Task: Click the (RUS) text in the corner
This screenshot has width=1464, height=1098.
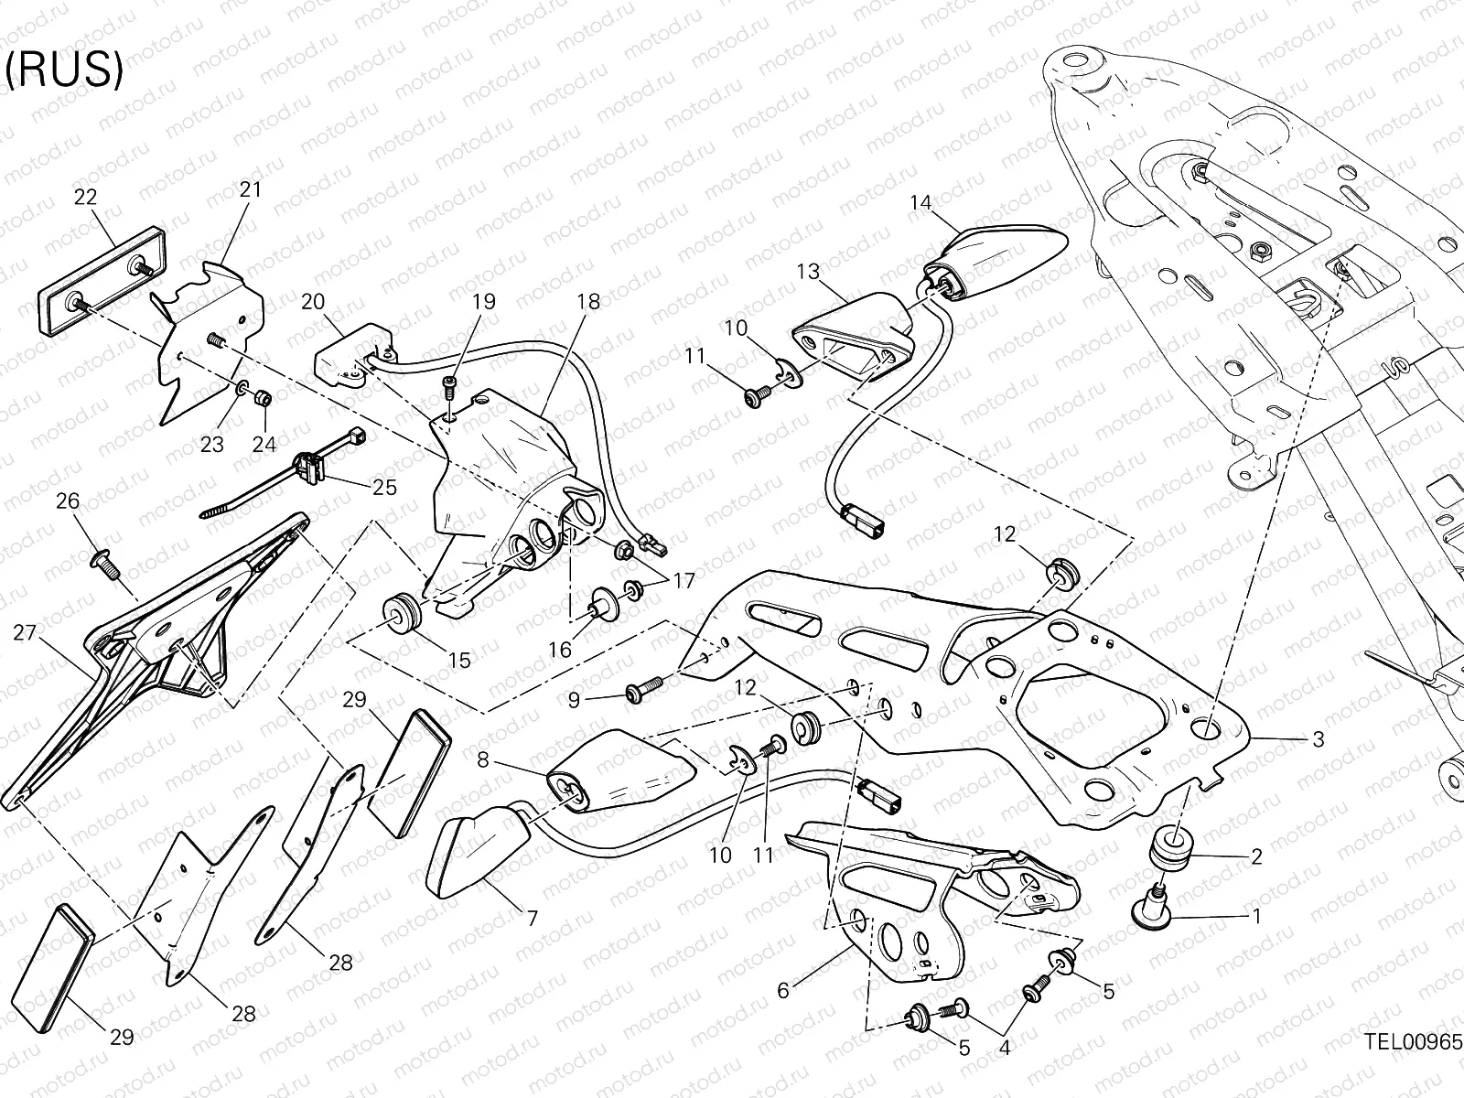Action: tap(64, 71)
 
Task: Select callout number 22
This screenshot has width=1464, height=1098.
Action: tap(85, 197)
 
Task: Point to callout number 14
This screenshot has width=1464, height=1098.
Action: tap(920, 203)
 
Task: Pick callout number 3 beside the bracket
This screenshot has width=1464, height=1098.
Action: tap(1318, 739)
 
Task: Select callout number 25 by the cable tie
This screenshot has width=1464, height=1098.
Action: tap(385, 487)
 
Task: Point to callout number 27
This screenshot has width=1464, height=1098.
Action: tap(25, 633)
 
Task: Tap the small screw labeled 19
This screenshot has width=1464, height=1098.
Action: tap(449, 387)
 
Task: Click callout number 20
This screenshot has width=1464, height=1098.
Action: tap(313, 302)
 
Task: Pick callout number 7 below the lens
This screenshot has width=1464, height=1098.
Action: tap(532, 917)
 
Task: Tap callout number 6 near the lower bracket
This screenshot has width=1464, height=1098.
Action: tap(782, 990)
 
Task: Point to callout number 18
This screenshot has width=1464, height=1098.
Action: tap(588, 302)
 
